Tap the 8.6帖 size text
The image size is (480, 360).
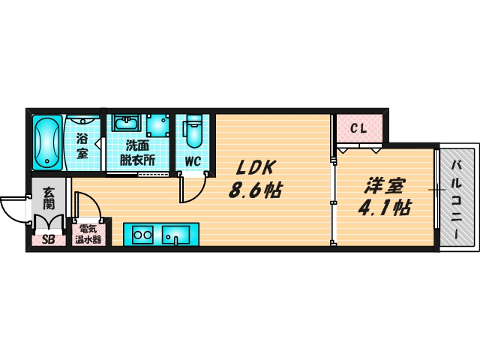pos(255,190)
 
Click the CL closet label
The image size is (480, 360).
pos(359,128)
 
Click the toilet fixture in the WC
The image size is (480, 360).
pos(193,131)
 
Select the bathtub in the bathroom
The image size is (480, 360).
pos(47,142)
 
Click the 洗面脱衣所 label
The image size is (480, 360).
pos(138,153)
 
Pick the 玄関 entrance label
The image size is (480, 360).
pos(49,197)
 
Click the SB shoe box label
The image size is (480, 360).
pos(48,241)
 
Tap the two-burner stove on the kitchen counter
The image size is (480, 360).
pos(142,235)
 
